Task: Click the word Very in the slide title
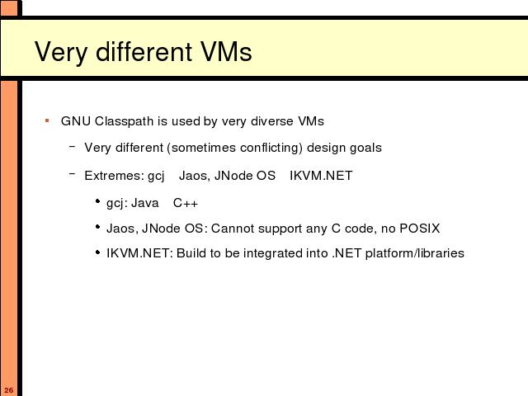point(61,53)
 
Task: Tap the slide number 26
point(9,390)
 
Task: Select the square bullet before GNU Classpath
point(47,120)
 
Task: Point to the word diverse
point(271,121)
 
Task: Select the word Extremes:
point(114,176)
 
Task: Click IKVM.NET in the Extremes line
point(321,176)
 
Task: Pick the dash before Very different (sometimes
point(72,147)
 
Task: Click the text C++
point(185,203)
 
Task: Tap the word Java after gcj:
point(145,203)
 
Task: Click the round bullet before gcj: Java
point(97,201)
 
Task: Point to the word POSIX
point(420,229)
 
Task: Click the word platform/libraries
point(415,253)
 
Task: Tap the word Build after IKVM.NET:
point(191,253)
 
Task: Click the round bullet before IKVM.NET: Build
point(97,252)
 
